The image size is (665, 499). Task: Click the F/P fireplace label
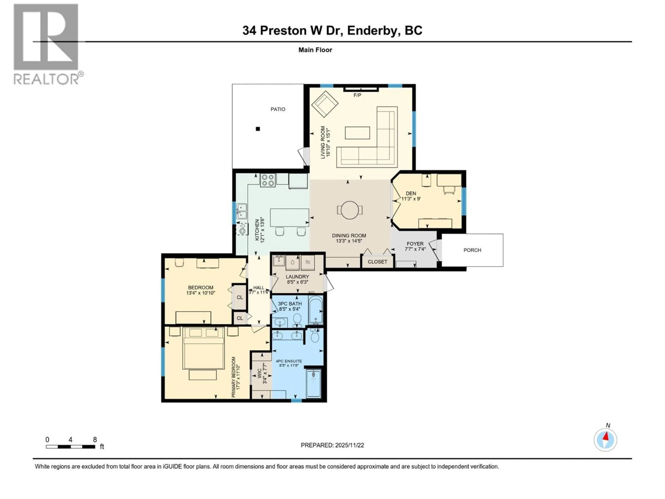pos(357,95)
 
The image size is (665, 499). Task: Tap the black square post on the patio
pos(258,129)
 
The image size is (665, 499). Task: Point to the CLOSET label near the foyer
pos(377,262)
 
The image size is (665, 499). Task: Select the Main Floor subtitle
pos(315,50)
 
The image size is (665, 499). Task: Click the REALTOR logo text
pos(47,79)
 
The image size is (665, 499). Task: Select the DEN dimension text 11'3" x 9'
pos(411,199)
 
